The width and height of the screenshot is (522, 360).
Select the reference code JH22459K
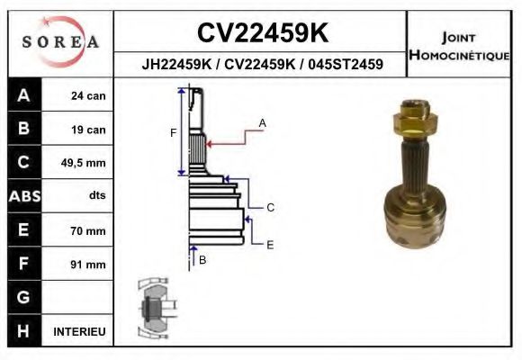click(175, 65)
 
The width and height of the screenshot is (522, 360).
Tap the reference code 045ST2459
click(346, 65)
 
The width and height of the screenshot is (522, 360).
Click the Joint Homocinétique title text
click(460, 45)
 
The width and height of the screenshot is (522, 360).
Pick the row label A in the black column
click(22, 95)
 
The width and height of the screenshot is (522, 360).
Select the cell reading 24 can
click(87, 95)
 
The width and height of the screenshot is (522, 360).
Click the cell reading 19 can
click(87, 130)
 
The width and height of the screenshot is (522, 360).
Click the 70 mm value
click(87, 230)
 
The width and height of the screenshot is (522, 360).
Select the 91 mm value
click(87, 265)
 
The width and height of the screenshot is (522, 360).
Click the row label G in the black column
click(22, 298)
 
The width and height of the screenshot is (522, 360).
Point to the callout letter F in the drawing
click(173, 133)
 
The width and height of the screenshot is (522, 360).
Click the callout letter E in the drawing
click(269, 244)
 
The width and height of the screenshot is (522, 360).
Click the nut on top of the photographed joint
click(415, 118)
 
